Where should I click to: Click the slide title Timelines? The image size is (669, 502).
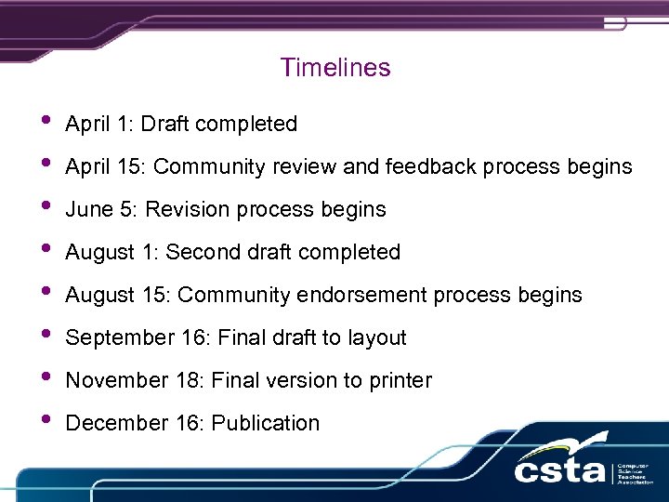(x=334, y=68)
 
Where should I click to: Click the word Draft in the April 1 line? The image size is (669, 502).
(x=165, y=124)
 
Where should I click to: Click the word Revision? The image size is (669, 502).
(x=186, y=209)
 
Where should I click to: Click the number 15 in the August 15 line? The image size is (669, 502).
(x=153, y=295)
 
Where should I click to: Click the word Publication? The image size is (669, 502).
(x=266, y=423)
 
